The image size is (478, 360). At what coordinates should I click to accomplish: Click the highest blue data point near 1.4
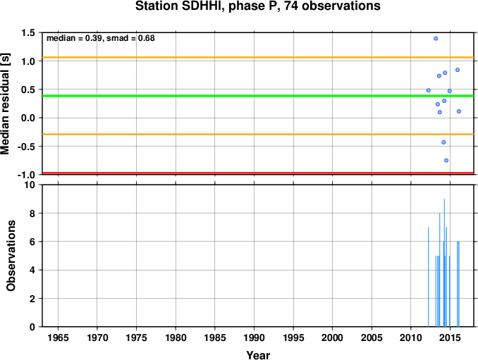[436, 38]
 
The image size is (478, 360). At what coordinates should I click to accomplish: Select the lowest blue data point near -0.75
[446, 160]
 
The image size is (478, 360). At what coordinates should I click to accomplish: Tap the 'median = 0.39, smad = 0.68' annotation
[101, 38]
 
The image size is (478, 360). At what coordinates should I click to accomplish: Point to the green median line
[258, 96]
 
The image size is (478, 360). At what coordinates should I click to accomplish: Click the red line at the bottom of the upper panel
[258, 173]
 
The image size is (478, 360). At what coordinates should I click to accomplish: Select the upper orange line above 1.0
[258, 57]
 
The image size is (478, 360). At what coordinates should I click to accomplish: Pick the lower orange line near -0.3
[258, 134]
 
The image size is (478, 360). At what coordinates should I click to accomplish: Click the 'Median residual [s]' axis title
[5, 104]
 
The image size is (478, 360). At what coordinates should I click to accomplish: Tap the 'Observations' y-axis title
[11, 256]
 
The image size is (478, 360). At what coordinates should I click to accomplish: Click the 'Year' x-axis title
[258, 355]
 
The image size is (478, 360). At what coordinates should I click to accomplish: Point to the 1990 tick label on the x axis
[254, 337]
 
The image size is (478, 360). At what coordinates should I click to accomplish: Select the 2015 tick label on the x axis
[451, 337]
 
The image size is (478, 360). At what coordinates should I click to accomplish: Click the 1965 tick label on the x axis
[58, 337]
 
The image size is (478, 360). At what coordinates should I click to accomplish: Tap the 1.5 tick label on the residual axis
[28, 32]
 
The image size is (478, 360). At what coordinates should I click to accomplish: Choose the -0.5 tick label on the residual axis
[26, 147]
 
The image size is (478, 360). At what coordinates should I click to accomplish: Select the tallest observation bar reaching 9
[444, 263]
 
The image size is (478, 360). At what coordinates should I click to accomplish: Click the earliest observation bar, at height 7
[429, 277]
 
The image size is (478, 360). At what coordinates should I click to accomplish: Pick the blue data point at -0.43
[443, 142]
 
